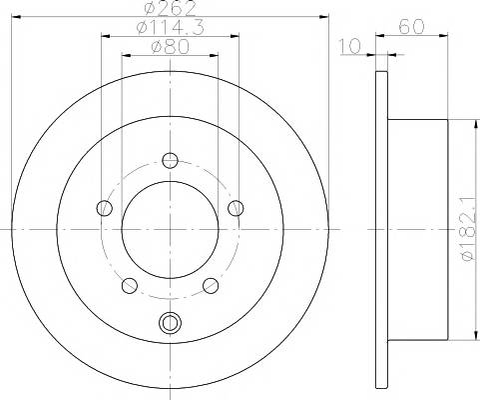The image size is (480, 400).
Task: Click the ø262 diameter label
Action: point(171,8)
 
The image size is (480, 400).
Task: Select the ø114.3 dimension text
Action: point(170,27)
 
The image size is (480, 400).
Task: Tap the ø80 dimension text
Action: point(170,46)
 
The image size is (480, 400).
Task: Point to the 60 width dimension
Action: point(412,27)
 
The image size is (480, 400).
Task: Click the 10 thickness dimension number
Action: point(349,46)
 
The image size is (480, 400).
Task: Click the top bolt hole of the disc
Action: point(171,161)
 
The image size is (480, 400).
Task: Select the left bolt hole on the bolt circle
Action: point(105,208)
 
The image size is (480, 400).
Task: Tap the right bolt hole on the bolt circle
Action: point(236,208)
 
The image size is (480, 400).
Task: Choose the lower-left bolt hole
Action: point(130,286)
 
